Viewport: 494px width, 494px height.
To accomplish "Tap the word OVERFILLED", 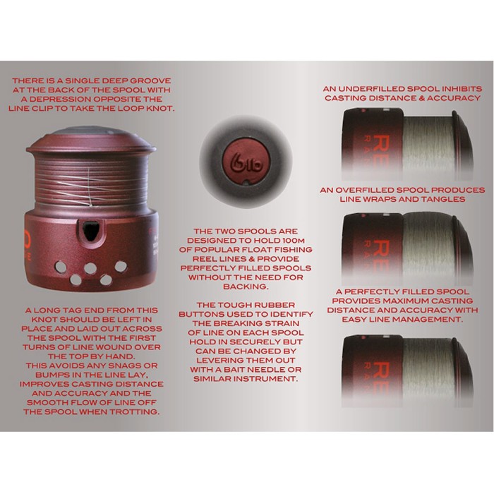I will click(367, 190).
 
